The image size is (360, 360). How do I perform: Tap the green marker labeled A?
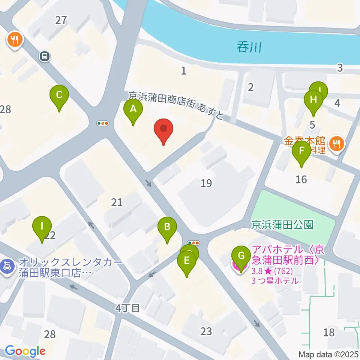click(133, 110)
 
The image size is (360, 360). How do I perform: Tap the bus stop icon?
click(45, 57)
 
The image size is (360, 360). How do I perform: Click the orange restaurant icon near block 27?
click(15, 39)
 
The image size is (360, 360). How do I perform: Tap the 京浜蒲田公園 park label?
click(282, 225)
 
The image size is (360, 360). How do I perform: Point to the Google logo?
click(25, 351)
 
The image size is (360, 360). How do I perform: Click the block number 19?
click(206, 183)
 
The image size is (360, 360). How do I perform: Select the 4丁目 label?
click(127, 309)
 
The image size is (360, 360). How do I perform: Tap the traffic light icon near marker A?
click(102, 123)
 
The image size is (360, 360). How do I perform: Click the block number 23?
click(206, 331)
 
